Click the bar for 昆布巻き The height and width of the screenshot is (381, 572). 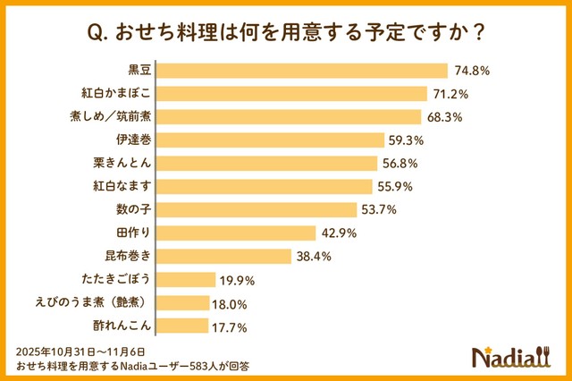point(229,257)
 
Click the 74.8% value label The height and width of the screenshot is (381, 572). point(472,71)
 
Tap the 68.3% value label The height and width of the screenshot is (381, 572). point(444,117)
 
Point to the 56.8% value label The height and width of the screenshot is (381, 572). point(400,164)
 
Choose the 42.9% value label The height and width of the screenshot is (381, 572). point(340,233)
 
